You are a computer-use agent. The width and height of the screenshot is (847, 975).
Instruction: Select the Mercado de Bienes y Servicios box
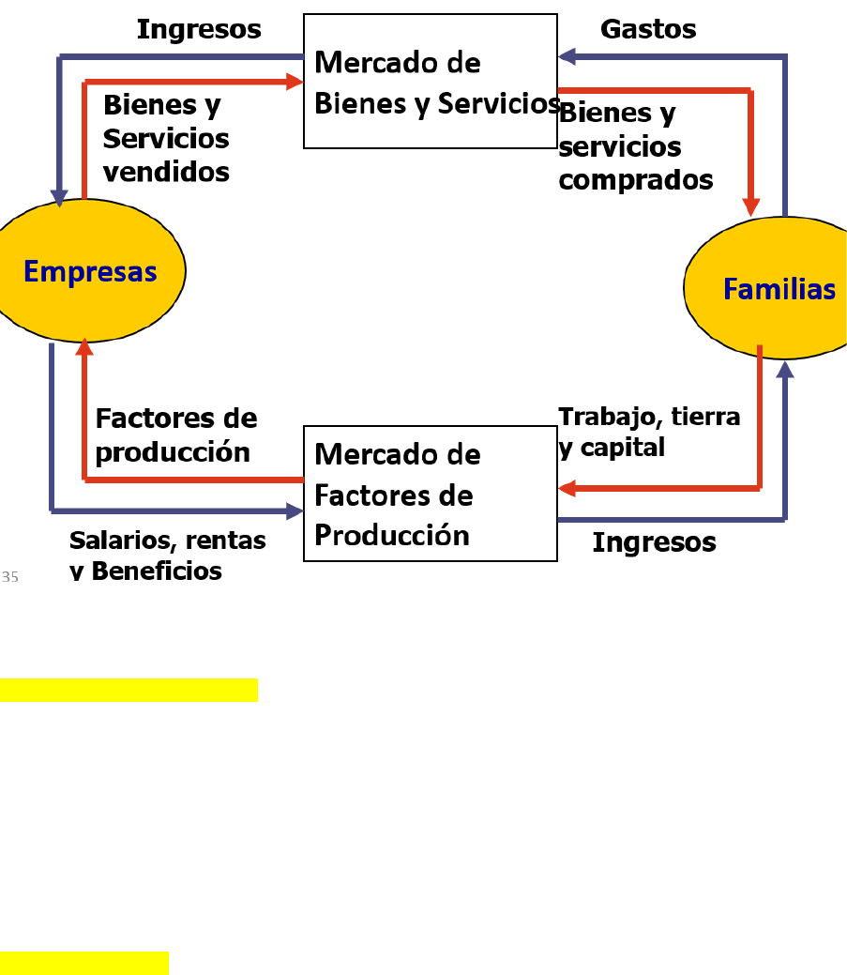(431, 82)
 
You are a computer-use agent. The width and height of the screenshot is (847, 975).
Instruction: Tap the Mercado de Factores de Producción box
(431, 494)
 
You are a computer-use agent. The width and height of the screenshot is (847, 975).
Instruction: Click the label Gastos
(648, 29)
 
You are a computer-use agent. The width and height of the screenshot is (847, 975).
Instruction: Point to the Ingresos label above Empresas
(199, 29)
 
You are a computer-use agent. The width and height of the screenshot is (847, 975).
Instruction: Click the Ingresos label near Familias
(654, 541)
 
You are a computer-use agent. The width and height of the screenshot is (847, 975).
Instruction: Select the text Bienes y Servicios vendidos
(166, 139)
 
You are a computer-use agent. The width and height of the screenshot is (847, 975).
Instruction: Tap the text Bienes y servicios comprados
(635, 146)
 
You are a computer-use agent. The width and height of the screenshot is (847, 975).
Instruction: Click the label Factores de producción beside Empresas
(175, 434)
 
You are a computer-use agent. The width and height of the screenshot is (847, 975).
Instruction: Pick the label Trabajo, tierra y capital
(649, 432)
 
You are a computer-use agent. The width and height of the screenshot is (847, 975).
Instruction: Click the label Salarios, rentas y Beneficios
(167, 556)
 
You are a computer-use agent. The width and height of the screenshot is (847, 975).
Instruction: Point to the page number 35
(10, 577)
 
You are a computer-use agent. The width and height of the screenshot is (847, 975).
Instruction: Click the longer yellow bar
(129, 690)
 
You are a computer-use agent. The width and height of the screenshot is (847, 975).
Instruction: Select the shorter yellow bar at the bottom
(83, 963)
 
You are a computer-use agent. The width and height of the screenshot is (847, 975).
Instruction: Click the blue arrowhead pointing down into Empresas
(60, 197)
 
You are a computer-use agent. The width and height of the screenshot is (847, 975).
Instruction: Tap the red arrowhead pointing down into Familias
(750, 206)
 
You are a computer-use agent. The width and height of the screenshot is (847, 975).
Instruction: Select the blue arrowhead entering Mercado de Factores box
(295, 511)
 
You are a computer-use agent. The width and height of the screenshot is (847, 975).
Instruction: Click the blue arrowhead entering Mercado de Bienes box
(567, 56)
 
